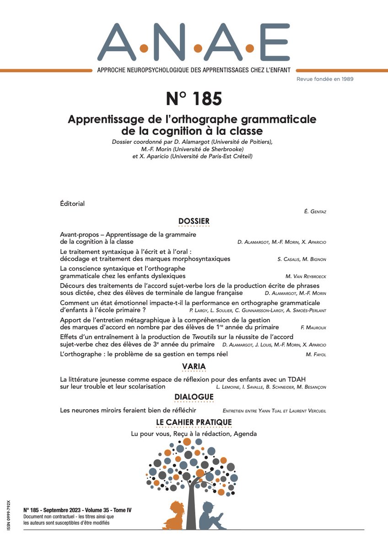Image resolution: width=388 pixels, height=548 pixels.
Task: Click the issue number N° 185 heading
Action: [x=194, y=99]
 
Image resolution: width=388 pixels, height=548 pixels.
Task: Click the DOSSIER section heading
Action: [x=194, y=221]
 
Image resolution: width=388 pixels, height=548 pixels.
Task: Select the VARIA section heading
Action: [x=194, y=367]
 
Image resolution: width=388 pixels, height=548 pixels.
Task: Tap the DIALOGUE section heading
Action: [x=194, y=397]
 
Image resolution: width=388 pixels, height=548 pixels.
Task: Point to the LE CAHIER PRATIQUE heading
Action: [x=194, y=422]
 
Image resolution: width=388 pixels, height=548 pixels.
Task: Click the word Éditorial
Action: [x=72, y=204]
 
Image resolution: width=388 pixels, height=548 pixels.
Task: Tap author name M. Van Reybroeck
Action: [x=306, y=276]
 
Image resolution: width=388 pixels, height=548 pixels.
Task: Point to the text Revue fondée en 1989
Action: [x=325, y=79]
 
